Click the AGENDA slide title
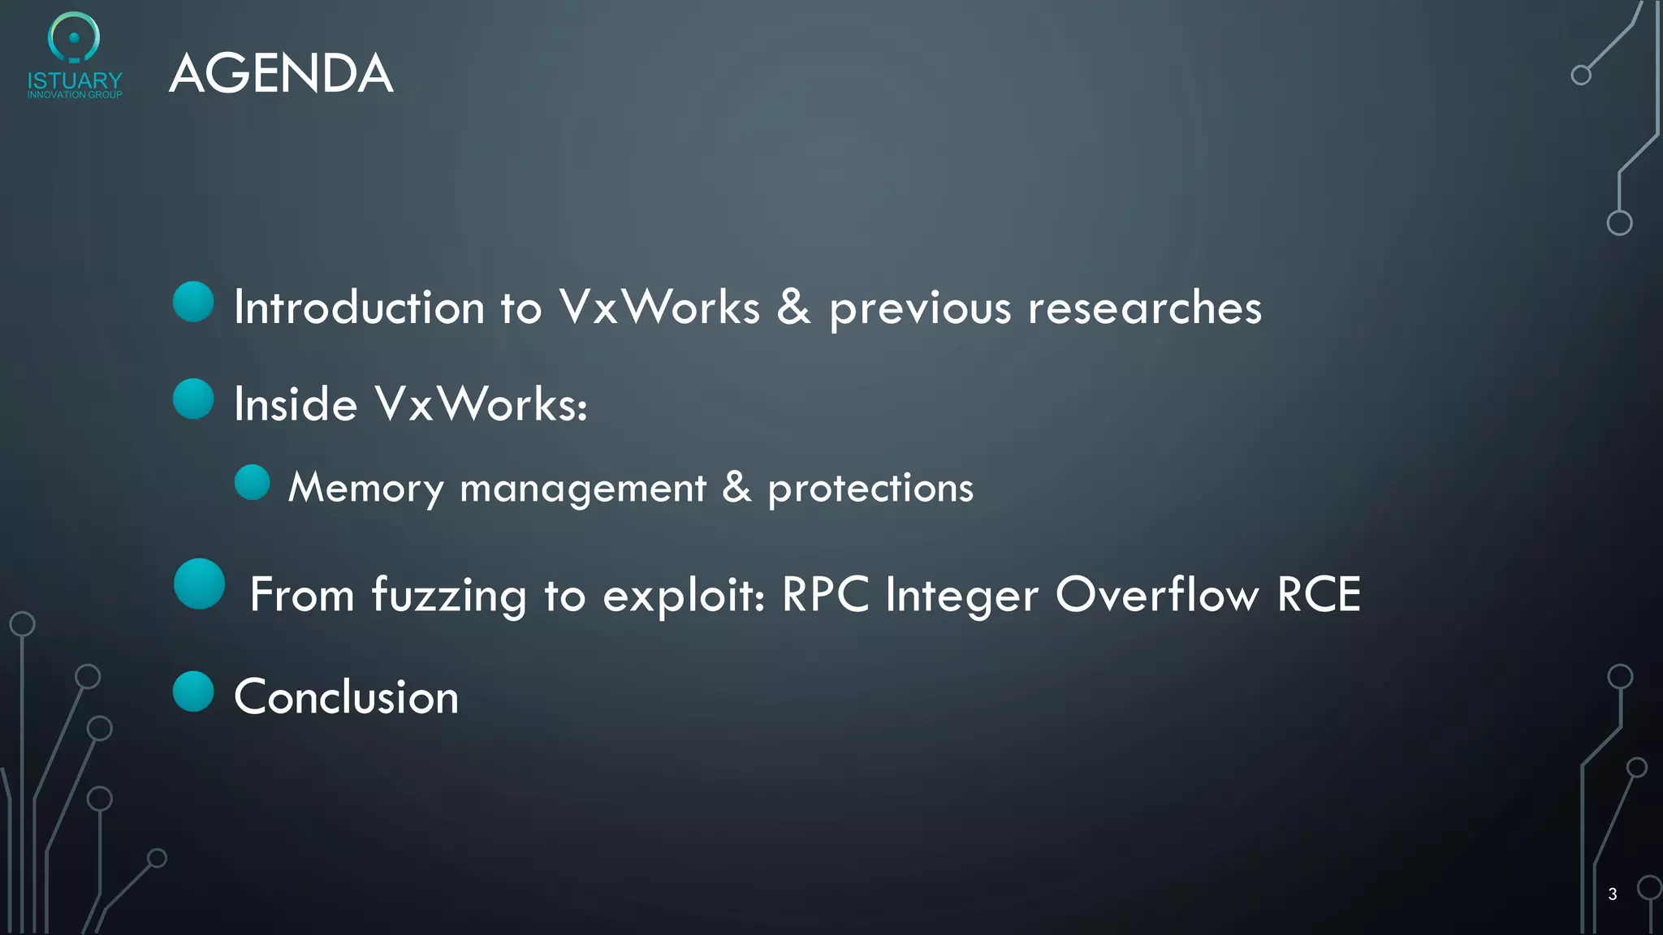click(x=281, y=73)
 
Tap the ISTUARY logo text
click(x=75, y=81)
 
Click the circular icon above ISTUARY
click(x=74, y=37)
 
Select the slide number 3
click(x=1612, y=894)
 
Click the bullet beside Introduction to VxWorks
click(x=193, y=302)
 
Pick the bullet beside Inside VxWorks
click(x=193, y=399)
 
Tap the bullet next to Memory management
click(x=252, y=483)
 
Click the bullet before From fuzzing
click(x=199, y=584)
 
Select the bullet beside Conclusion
click(x=193, y=692)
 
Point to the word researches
click(x=1145, y=308)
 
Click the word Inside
click(x=296, y=404)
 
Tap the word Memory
click(x=365, y=489)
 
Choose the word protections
click(x=870, y=489)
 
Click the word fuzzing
click(x=449, y=596)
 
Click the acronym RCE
click(x=1319, y=594)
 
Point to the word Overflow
click(x=1157, y=594)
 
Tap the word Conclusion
click(x=347, y=697)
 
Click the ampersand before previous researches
click(x=794, y=308)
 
